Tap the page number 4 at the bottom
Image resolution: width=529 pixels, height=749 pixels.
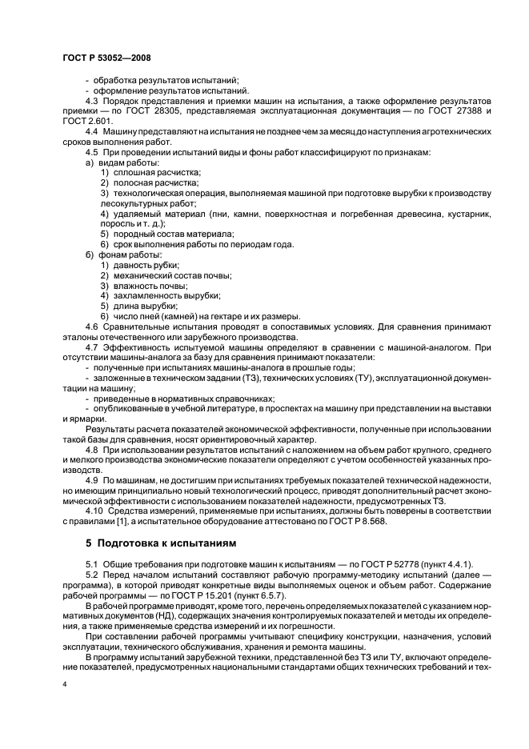(x=64, y=685)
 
